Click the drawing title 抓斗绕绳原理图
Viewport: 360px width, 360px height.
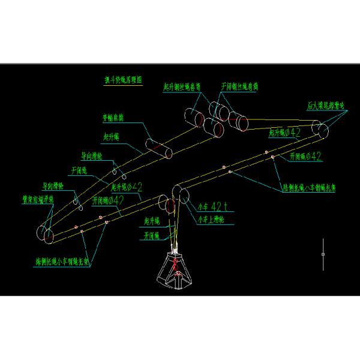[x=124, y=79]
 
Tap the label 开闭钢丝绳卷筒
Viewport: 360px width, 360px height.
[x=240, y=86]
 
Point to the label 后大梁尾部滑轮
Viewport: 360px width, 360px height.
[x=325, y=106]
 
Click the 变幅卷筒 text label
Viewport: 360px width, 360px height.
[x=113, y=118]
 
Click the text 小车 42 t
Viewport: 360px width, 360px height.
[x=213, y=207]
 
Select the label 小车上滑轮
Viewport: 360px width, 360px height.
[x=211, y=219]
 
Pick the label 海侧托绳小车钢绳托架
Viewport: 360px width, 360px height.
[x=62, y=262]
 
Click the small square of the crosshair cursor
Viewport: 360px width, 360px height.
[x=323, y=254]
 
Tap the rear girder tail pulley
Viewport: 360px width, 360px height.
[x=319, y=131]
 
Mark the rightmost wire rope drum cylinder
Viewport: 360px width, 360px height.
[x=242, y=122]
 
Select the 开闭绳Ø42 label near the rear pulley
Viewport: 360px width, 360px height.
[x=305, y=157]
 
